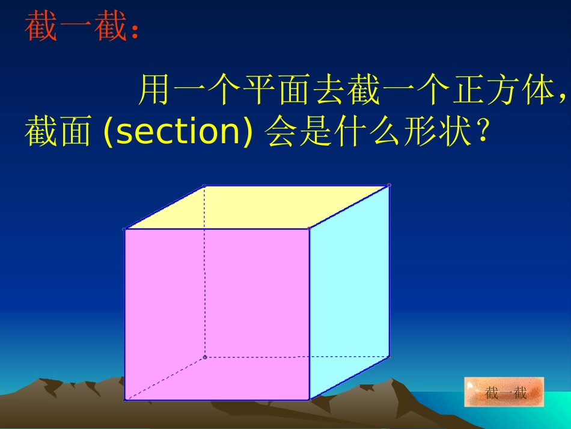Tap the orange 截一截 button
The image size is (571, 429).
[x=504, y=393]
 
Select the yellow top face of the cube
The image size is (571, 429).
[x=258, y=207]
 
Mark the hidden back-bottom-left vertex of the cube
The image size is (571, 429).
[x=204, y=357]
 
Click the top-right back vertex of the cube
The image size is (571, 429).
[x=389, y=185]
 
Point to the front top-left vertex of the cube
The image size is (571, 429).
[x=124, y=229]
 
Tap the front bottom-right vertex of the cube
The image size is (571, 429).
[x=309, y=400]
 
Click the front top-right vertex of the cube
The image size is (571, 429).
[x=309, y=229]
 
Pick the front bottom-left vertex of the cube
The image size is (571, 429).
[x=124, y=400]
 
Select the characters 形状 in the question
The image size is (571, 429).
[x=448, y=132]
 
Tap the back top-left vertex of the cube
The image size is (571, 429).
[x=204, y=186]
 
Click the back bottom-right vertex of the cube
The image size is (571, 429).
[x=389, y=356]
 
